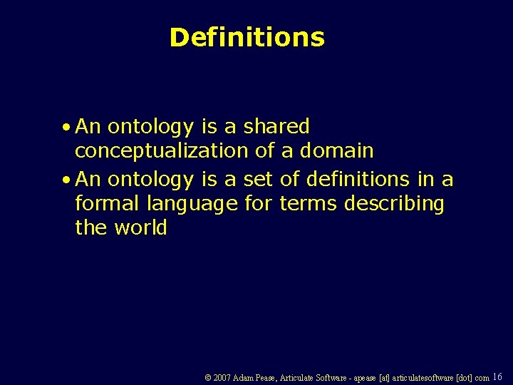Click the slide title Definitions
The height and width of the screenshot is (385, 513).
[247, 37]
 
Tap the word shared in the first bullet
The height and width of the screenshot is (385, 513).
[276, 127]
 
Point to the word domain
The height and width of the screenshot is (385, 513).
[337, 150]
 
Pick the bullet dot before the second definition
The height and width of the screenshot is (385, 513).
[66, 180]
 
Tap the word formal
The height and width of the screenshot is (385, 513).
[108, 203]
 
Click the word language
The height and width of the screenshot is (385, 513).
[192, 205]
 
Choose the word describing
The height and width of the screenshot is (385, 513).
[394, 205]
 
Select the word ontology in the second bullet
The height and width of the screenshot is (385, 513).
[149, 180]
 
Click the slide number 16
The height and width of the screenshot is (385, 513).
[497, 376]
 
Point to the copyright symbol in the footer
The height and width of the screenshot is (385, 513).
[207, 378]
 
